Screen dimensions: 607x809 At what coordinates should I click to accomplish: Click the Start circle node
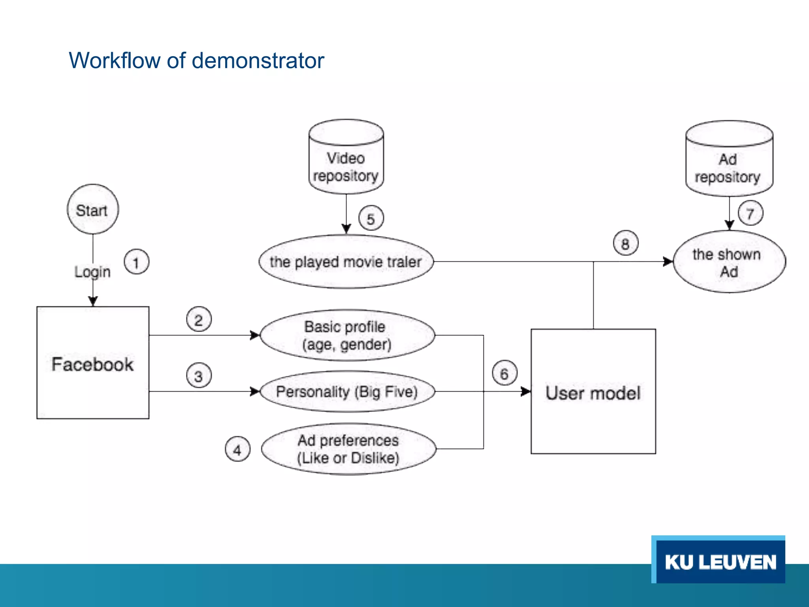tap(93, 209)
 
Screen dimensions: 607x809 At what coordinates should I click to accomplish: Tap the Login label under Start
tap(92, 272)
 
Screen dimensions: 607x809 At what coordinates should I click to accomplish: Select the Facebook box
tap(93, 363)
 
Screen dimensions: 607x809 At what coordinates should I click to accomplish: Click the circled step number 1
tap(136, 262)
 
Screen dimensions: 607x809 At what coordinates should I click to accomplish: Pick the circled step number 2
tap(199, 319)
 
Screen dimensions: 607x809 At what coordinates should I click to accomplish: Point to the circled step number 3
tap(199, 376)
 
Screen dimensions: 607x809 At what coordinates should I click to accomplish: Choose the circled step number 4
tap(237, 449)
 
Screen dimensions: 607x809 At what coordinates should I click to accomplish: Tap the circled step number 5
tap(371, 218)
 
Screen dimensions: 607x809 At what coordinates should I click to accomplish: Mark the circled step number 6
tap(504, 373)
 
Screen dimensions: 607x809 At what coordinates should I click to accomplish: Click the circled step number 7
tap(750, 213)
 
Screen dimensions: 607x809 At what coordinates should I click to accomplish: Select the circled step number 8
tap(625, 243)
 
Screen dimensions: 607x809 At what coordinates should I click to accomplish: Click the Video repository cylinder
tap(346, 162)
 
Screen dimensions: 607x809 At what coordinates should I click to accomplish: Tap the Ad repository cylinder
tap(729, 164)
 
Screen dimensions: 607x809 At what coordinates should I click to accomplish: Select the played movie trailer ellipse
tap(346, 262)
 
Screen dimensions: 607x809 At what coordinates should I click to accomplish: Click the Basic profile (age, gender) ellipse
tap(347, 335)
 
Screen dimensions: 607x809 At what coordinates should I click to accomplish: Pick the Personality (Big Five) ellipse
tap(347, 392)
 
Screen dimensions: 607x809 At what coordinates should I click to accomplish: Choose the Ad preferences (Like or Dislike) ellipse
tap(348, 449)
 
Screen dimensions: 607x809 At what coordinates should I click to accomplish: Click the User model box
tap(593, 392)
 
